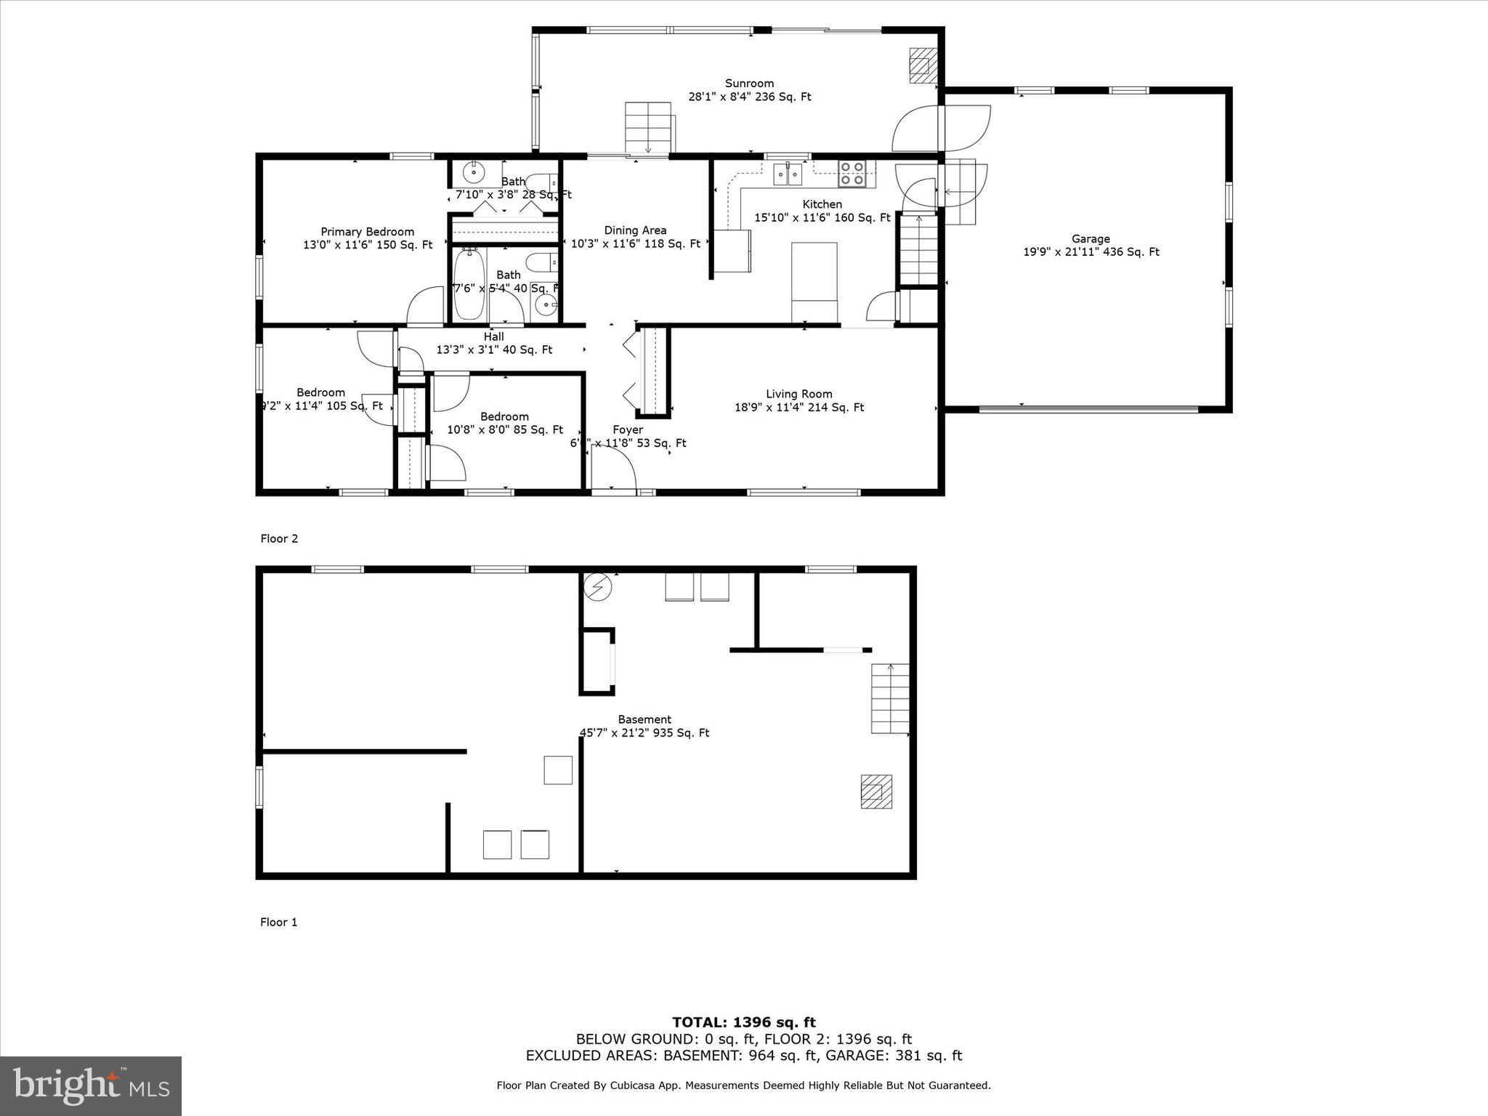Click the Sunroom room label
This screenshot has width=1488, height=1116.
749,84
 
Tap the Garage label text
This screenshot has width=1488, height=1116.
1091,239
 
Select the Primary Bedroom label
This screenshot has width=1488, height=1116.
368,232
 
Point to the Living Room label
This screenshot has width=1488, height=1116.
798,395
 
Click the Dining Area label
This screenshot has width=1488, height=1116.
635,230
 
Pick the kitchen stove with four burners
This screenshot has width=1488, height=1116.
852,174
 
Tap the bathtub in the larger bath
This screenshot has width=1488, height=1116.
469,284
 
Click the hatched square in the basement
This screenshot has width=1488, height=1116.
876,791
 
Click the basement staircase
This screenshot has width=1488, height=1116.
890,698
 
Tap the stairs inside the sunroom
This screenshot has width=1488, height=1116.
647,128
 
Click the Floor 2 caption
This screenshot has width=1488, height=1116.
279,538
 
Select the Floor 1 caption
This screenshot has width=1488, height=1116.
279,922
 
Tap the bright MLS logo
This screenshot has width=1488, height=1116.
91,1085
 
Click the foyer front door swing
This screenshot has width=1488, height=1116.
615,467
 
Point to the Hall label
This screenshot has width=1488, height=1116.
494,337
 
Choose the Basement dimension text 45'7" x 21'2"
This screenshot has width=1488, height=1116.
644,733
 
